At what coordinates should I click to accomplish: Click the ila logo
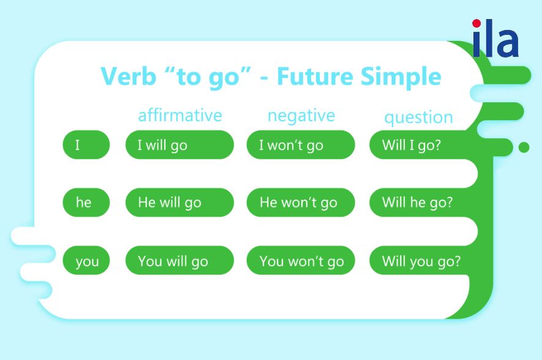click(495, 38)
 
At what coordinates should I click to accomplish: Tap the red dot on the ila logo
click(476, 23)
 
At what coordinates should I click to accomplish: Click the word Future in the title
click(315, 77)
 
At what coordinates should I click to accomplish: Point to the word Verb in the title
click(128, 76)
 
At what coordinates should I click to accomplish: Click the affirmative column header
click(179, 115)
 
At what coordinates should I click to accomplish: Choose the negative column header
click(301, 116)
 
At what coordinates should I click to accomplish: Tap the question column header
click(419, 118)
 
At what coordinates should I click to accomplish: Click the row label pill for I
click(86, 144)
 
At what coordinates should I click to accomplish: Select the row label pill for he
click(86, 203)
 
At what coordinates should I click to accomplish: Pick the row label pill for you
click(86, 260)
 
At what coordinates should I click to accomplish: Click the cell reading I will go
click(179, 144)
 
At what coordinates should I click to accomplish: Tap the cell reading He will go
click(179, 203)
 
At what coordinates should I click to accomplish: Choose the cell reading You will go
click(179, 260)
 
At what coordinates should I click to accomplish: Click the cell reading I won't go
click(301, 144)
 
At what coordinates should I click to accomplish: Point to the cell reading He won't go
click(301, 203)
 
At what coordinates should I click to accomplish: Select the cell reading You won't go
click(301, 260)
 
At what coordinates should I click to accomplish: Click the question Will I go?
click(412, 145)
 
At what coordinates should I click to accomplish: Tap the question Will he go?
click(417, 203)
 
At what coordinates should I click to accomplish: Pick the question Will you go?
click(421, 261)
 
